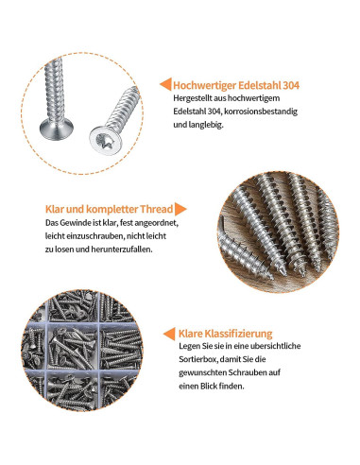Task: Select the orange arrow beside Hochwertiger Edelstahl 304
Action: point(164,83)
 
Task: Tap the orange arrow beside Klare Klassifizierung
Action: point(170,334)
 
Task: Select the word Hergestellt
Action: point(195,98)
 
